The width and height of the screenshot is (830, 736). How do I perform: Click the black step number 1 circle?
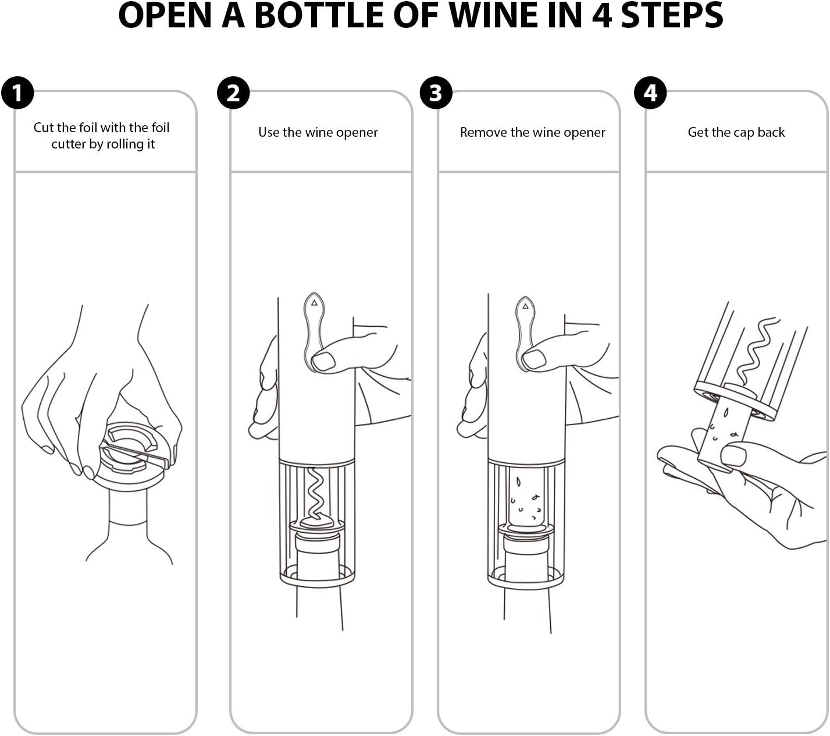[x=17, y=93]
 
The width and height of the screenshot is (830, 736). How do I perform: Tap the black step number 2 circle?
[x=233, y=93]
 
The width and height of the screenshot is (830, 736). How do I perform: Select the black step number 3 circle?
[x=436, y=93]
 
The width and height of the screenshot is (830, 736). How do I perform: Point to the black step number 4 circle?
[x=650, y=93]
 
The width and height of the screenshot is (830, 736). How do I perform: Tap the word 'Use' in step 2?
[x=269, y=132]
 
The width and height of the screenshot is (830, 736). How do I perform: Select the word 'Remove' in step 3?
[x=483, y=132]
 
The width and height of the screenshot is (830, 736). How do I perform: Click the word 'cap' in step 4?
[x=742, y=133]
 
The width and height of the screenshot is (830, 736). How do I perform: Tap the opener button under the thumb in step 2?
[x=314, y=329]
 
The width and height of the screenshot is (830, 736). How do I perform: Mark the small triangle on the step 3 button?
[x=525, y=306]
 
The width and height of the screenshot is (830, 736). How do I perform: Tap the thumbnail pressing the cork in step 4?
[x=733, y=455]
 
